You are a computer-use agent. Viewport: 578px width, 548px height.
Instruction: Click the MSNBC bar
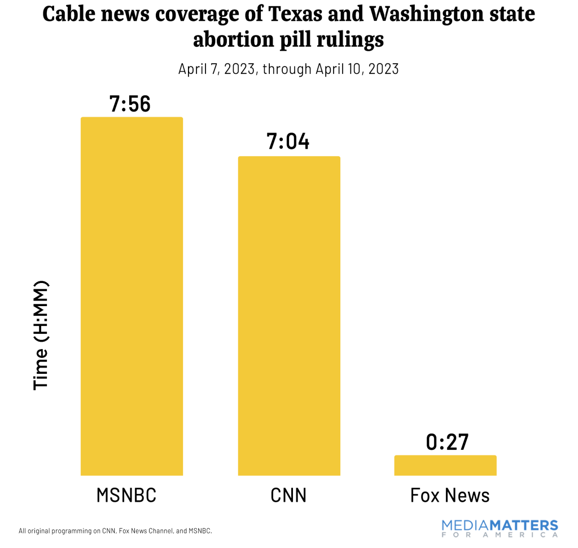132,296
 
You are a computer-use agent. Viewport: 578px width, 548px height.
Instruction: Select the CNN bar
289,316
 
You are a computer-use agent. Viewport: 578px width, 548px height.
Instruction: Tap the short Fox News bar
445,465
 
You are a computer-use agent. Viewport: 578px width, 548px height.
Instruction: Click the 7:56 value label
130,104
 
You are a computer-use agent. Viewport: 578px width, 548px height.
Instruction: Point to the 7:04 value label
288,142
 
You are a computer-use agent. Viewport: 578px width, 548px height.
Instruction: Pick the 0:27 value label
447,442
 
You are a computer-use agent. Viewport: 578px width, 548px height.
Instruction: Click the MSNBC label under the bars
126,495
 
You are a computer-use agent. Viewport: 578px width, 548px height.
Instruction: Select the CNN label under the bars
288,495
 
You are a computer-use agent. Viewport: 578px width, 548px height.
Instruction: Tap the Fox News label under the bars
450,495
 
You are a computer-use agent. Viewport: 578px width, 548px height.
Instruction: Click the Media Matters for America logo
500,528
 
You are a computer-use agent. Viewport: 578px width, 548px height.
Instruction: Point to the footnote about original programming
115,531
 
